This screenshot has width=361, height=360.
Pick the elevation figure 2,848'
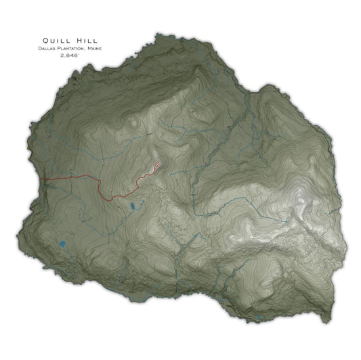click(70, 57)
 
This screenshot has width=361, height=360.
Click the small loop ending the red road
click(156, 165)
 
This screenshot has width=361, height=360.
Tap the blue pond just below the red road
click(133, 206)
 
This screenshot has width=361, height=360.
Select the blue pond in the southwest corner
click(62, 244)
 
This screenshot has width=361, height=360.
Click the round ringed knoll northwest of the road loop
click(135, 124)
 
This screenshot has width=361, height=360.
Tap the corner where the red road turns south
click(98, 180)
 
